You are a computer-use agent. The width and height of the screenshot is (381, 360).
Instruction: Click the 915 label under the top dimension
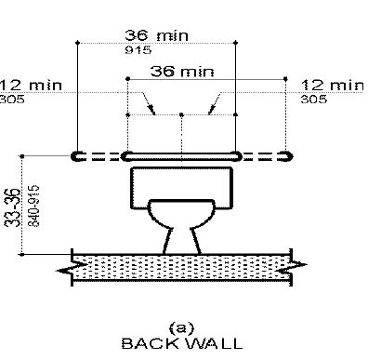(x=138, y=49)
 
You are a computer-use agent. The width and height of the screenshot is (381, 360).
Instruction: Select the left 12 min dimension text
(x=31, y=86)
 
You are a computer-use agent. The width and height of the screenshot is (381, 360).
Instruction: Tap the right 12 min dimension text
(x=333, y=86)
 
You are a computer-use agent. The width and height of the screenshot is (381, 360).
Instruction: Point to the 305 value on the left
(x=12, y=100)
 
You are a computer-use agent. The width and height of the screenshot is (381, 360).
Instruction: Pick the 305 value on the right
(x=313, y=100)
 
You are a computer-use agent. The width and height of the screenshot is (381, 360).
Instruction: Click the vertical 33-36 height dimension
(x=14, y=207)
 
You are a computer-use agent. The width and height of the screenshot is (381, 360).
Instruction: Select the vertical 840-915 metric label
(x=34, y=206)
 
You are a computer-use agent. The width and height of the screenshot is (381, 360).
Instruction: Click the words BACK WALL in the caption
(x=182, y=343)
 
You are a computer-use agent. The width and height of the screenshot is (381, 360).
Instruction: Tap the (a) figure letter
(x=182, y=327)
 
